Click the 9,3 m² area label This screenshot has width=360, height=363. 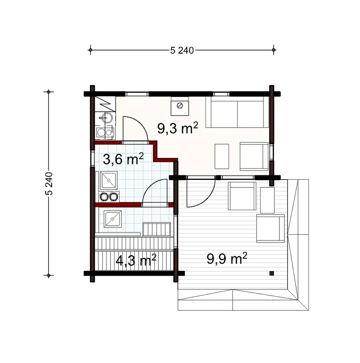click(177, 128)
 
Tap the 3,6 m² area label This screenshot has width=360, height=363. click(123, 159)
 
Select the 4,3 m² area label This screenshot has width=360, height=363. click(136, 260)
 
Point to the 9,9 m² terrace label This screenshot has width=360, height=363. click(227, 258)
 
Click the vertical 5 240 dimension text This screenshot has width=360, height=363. click(49, 183)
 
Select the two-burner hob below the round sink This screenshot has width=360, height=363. click(105, 132)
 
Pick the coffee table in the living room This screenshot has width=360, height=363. click(222, 156)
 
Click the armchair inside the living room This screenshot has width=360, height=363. click(254, 156)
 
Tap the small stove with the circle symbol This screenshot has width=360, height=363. click(180, 106)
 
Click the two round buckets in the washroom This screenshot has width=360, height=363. click(109, 196)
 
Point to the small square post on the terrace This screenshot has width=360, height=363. click(272, 273)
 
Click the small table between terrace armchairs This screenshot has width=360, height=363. click(267, 200)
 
